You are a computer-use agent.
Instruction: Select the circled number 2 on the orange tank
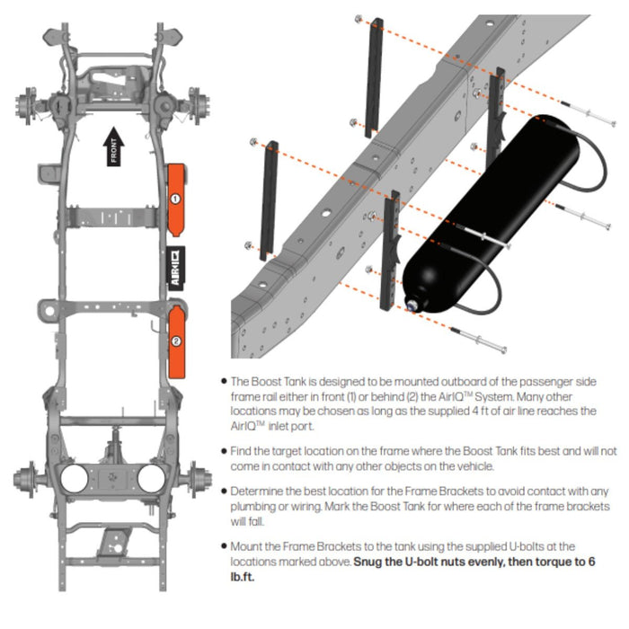pyautogui.click(x=176, y=341)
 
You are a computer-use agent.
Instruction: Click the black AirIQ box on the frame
pyautogui.click(x=176, y=268)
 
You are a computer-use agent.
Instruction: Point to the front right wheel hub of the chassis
pyautogui.click(x=194, y=103)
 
